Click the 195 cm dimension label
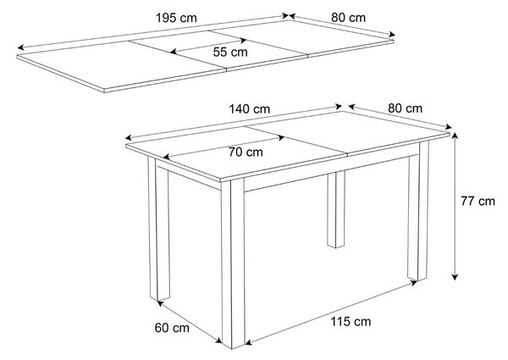pyautogui.click(x=176, y=18)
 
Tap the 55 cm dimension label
pyautogui.click(x=230, y=52)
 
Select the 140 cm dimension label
pyautogui.click(x=250, y=109)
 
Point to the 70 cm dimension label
pyautogui.click(x=246, y=152)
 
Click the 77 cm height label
pyautogui.click(x=478, y=202)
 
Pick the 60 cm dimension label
pyautogui.click(x=172, y=328)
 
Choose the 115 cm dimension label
pyautogui.click(x=351, y=322)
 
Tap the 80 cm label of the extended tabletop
pyautogui.click(x=348, y=18)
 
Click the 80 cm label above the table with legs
pyautogui.click(x=405, y=108)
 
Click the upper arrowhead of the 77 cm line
pyautogui.click(x=455, y=136)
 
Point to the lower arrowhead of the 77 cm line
pyautogui.click(x=455, y=276)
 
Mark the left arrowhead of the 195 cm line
pyautogui.click(x=20, y=47)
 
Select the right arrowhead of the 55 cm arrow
pyautogui.click(x=243, y=40)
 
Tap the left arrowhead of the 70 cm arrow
pyautogui.click(x=167, y=158)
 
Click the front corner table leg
pyautogui.click(x=234, y=263)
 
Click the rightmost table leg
pyautogui.click(x=418, y=211)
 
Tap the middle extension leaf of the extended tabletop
pyautogui.click(x=218, y=50)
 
